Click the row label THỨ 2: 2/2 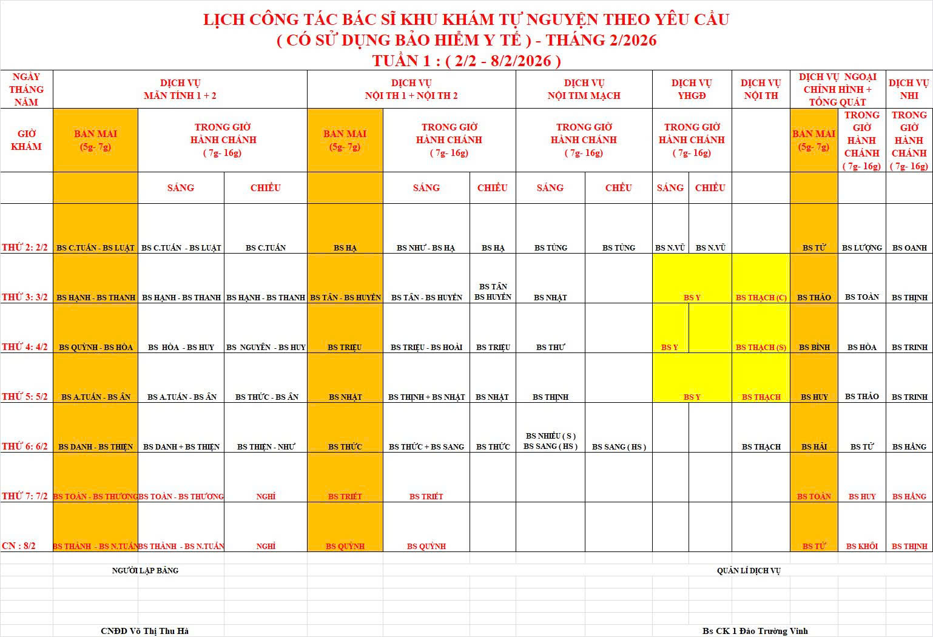[25, 248]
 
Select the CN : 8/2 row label [19, 546]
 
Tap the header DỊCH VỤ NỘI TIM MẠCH [584, 89]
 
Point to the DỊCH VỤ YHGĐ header [692, 89]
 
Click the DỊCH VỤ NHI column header [909, 89]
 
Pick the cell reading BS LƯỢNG [861, 248]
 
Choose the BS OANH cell [909, 248]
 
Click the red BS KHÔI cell [861, 546]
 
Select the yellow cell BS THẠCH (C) [761, 297]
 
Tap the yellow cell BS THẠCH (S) [761, 347]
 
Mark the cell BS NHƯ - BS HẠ [426, 248]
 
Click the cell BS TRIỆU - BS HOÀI [426, 347]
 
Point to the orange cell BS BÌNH [813, 347]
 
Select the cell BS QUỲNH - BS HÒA [96, 347]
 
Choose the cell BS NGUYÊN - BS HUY [266, 347]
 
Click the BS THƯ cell [550, 347]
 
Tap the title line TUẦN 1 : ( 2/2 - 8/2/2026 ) [466, 61]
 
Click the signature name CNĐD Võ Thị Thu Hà [144, 631]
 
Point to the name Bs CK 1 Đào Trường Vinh [755, 631]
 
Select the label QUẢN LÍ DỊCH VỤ [748, 570]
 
